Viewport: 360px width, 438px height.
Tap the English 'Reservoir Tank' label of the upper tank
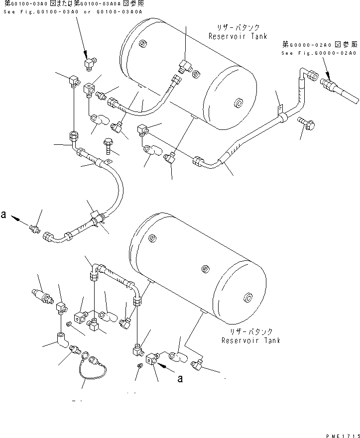coord(238,36)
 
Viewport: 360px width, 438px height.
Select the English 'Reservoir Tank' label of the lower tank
coord(251,340)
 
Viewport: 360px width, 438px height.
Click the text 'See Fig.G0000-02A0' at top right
coord(319,53)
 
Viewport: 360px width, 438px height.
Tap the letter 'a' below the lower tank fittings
coord(180,379)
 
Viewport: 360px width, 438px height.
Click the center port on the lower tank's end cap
coord(247,299)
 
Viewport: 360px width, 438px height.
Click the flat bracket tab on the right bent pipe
coord(280,108)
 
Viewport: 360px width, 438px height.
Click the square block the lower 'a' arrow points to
coord(152,358)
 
